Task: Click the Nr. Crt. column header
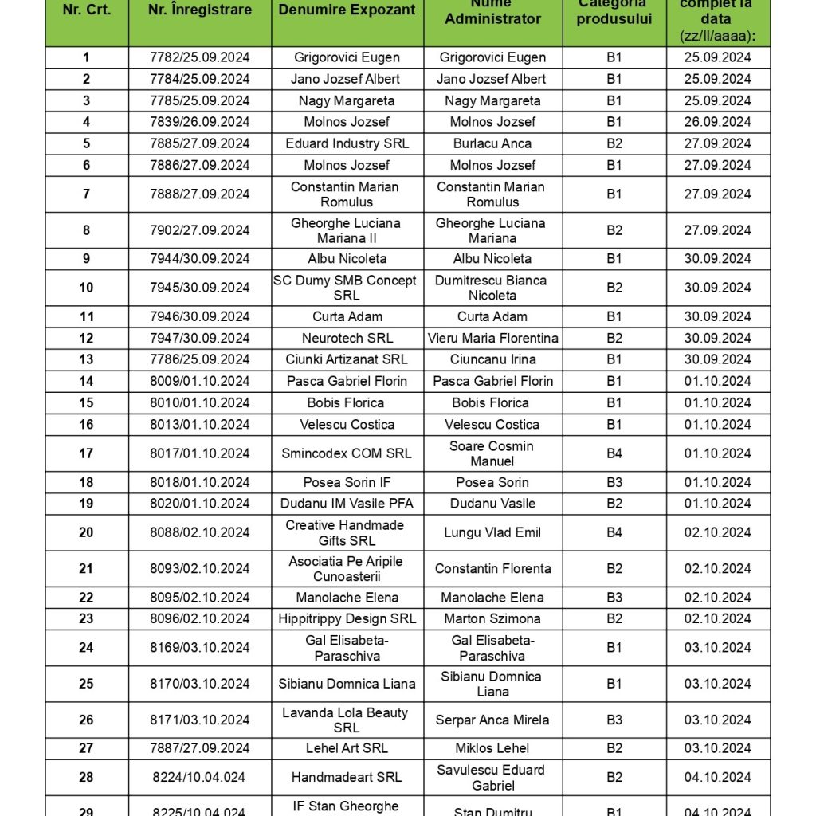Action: tap(87, 10)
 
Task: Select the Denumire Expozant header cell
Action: tap(347, 10)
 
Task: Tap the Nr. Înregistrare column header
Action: tap(200, 10)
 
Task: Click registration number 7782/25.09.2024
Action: tap(200, 57)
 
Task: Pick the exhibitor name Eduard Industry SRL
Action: tap(347, 143)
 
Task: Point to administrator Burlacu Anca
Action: tap(492, 143)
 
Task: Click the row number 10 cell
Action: tap(87, 288)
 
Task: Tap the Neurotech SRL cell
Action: tap(347, 338)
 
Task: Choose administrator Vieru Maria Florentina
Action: tap(492, 338)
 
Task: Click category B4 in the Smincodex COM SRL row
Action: tap(614, 453)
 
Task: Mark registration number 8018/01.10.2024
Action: tap(200, 482)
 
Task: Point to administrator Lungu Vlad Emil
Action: tap(492, 532)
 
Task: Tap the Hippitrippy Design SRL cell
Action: tap(347, 618)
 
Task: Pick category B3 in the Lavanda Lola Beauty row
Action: tap(614, 720)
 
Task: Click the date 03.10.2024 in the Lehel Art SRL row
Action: tap(718, 748)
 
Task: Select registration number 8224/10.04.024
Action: tap(199, 777)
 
